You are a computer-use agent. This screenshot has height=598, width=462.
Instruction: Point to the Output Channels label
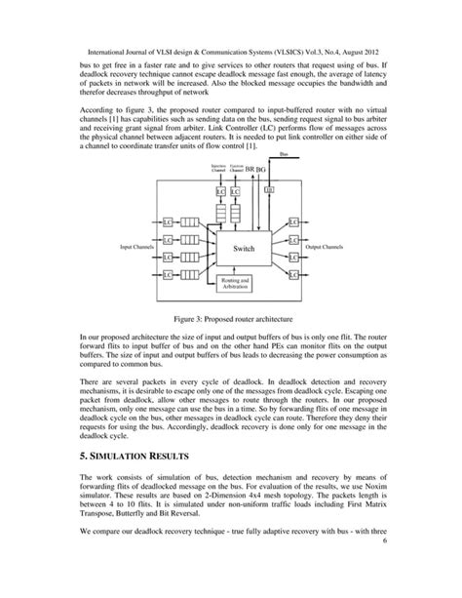click(326, 247)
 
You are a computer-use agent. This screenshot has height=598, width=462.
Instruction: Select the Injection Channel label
click(219, 169)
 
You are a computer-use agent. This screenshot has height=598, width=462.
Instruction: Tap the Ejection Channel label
click(235, 169)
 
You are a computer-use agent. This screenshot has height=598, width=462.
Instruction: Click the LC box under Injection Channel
click(220, 192)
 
